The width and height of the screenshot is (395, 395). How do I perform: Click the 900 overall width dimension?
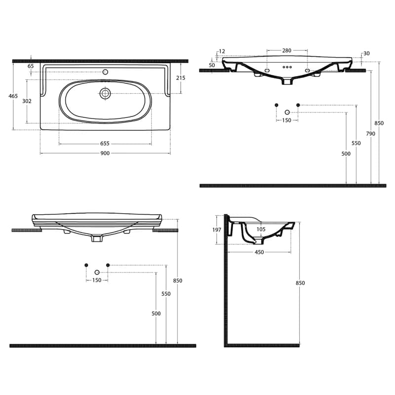tap(105, 153)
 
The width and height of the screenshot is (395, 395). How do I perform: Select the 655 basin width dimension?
tap(105, 144)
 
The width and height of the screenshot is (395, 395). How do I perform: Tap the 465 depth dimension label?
tap(13, 96)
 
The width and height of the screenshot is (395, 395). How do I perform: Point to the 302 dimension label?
tap(27, 101)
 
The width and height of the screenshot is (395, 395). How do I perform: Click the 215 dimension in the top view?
tap(181, 78)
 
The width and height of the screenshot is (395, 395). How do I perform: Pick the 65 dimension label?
tap(31, 66)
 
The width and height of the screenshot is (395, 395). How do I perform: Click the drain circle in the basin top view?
tap(105, 93)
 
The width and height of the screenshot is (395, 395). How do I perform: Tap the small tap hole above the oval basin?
tap(105, 72)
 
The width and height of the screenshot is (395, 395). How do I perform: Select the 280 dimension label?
tap(287, 50)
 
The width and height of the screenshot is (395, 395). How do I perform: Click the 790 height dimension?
tap(371, 134)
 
